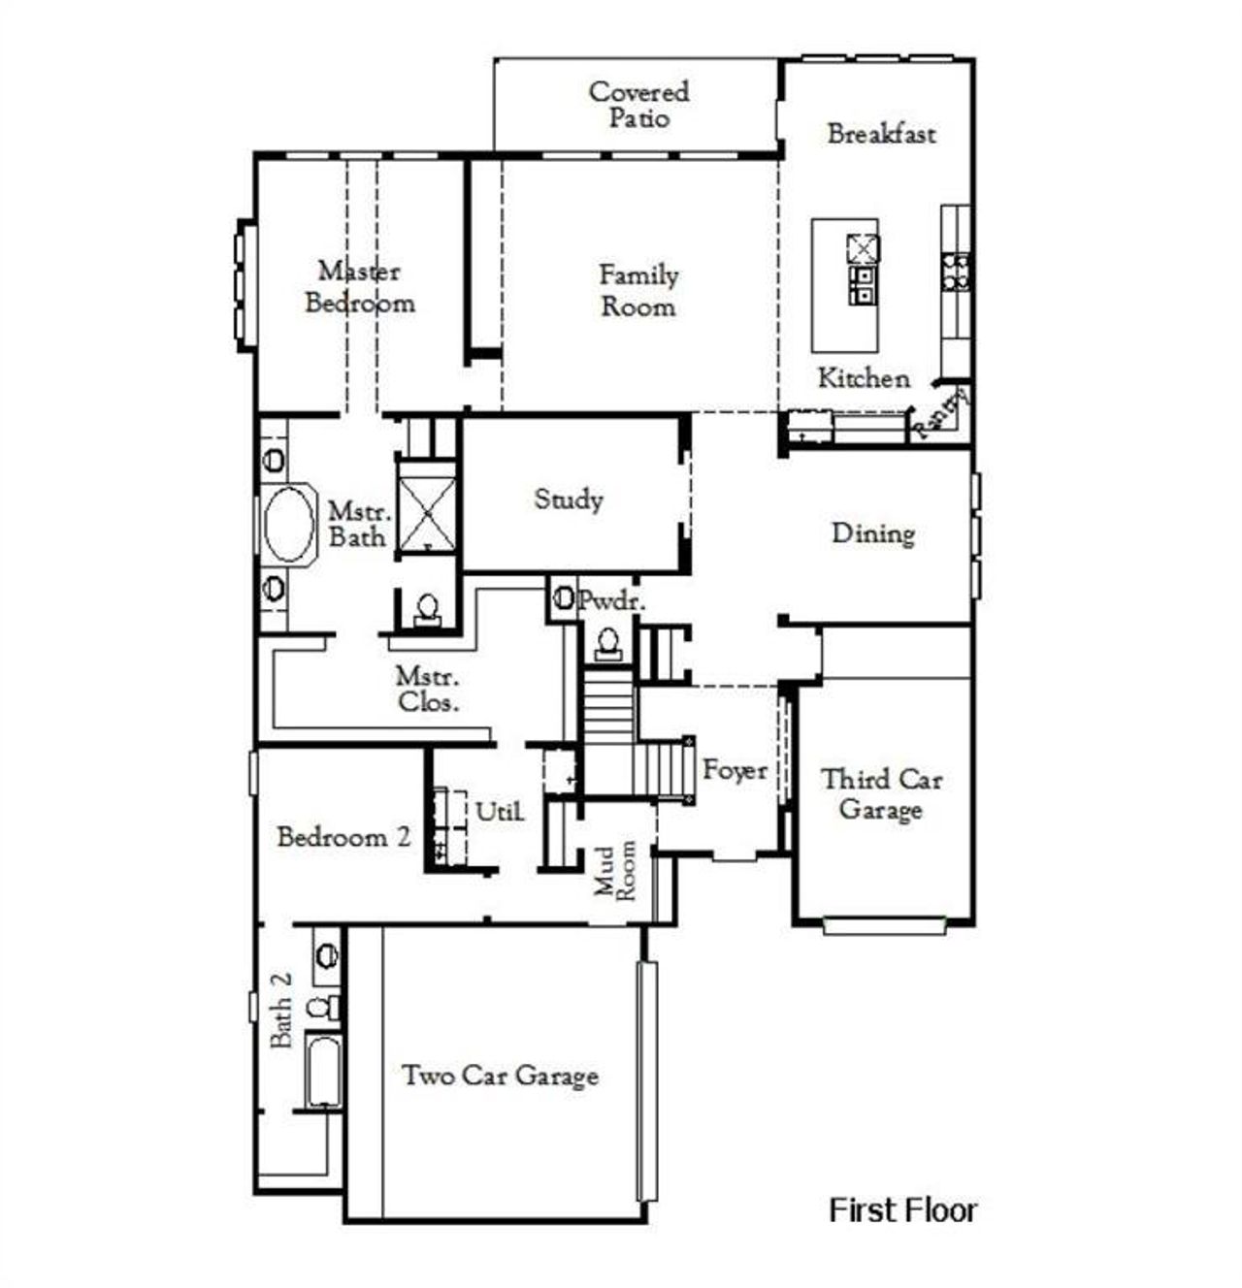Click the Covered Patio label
click(638, 105)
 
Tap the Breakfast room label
click(881, 134)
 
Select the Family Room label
click(637, 291)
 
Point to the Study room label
click(569, 499)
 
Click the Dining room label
click(873, 533)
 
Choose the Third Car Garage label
click(881, 794)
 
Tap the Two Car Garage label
click(500, 1076)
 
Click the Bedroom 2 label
click(343, 837)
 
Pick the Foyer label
click(735, 771)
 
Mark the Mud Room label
click(616, 870)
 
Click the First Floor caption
click(902, 1210)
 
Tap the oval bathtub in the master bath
click(289, 524)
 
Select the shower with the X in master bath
click(427, 507)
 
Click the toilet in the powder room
click(608, 642)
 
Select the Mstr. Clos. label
click(428, 690)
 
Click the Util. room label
click(500, 811)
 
